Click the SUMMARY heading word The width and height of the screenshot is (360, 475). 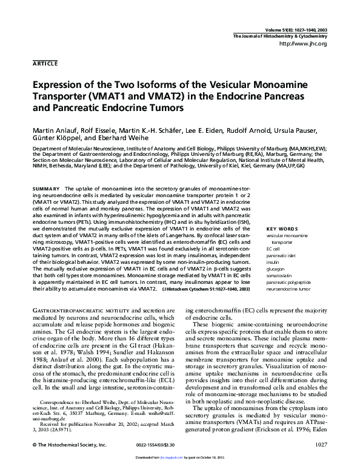click(x=46, y=189)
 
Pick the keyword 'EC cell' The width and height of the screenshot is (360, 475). click(x=273, y=249)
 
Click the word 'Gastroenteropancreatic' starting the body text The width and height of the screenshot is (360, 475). click(x=60, y=310)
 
